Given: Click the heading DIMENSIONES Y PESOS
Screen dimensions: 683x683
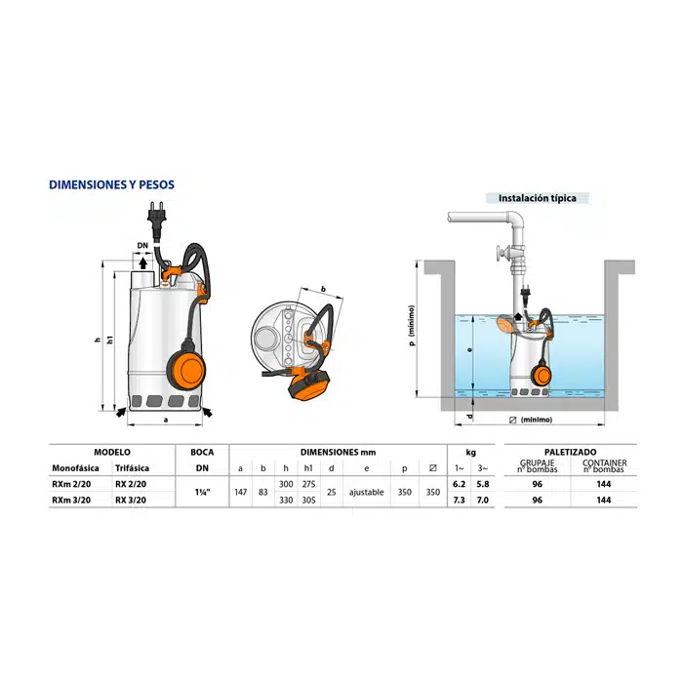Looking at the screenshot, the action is tap(111, 184).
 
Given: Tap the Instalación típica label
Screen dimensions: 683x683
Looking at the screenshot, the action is tap(537, 198).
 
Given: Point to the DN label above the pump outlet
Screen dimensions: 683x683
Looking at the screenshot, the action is tap(142, 246).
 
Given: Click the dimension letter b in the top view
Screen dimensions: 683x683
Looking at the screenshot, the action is tap(323, 289).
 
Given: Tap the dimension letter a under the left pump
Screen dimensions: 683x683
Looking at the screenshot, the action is tap(166, 420).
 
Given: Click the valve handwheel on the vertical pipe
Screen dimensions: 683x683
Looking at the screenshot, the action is tap(502, 253).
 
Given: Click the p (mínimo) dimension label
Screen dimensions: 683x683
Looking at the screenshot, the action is tap(412, 325).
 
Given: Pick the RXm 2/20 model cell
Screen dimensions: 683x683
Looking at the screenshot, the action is tap(71, 484).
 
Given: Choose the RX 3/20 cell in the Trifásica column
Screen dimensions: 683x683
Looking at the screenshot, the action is tap(131, 500).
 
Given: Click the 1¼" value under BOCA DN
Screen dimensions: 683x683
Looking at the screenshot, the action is tap(202, 492).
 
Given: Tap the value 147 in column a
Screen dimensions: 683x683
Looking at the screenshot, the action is tap(241, 492).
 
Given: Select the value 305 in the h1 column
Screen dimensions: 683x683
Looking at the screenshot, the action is tap(309, 500).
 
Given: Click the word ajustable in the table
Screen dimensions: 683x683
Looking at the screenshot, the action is tap(366, 492).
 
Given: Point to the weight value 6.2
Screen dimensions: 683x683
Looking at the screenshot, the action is tap(460, 484).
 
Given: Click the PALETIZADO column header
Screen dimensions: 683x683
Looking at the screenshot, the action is tap(570, 452).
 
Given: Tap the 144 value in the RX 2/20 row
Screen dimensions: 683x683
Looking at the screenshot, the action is tap(604, 484).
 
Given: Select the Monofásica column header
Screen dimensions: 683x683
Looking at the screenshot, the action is tap(75, 468).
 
